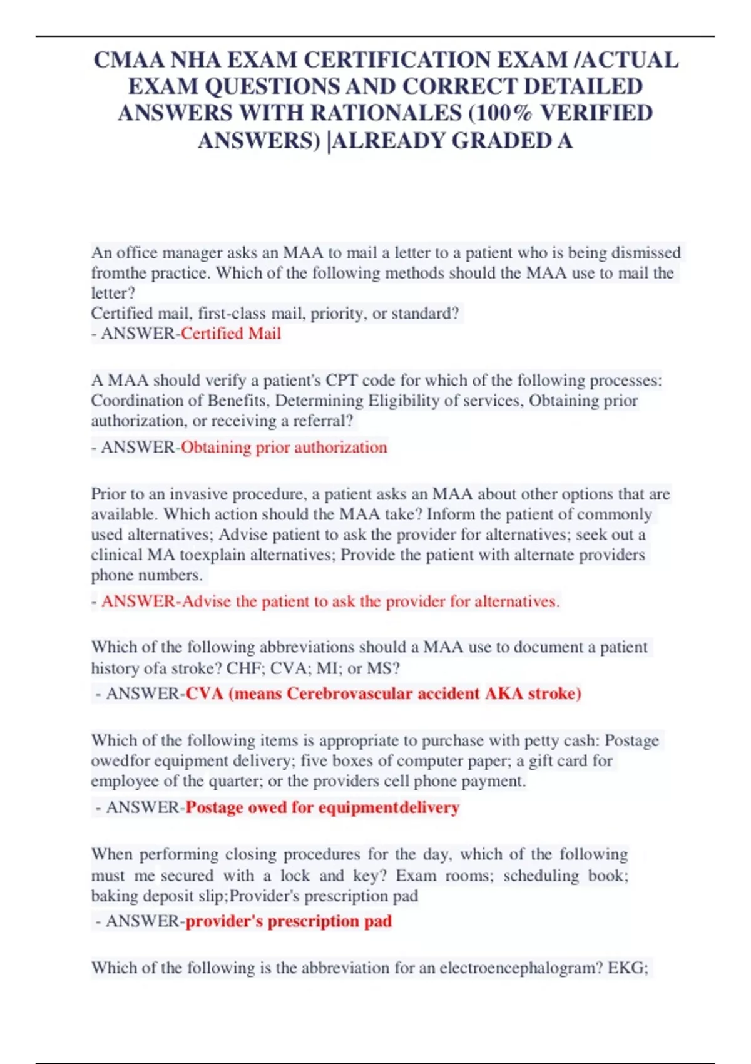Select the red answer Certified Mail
pos(231,334)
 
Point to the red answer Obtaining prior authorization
pos(284,448)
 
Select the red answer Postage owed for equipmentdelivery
pos(322,807)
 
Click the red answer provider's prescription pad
pos(289,921)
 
